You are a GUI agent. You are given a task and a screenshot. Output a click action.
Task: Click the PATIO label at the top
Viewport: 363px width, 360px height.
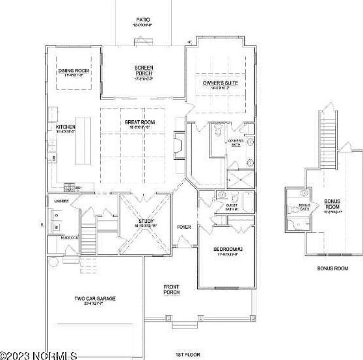[x=143, y=20]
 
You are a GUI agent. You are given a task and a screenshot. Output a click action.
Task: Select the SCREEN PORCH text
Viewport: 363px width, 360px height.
[x=143, y=71]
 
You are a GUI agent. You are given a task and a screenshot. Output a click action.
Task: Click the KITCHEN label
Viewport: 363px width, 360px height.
[x=66, y=127]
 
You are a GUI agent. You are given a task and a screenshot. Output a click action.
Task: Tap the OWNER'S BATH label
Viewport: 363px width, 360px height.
[x=235, y=142]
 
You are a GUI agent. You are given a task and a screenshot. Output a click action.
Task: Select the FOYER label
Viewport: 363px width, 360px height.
[x=184, y=227]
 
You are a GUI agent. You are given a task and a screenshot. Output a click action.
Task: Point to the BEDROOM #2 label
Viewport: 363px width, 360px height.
[x=228, y=250]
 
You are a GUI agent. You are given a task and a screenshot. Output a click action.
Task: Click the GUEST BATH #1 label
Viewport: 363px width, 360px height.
[x=232, y=207]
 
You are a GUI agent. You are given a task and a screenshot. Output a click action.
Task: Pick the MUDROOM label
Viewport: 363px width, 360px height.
[x=70, y=238]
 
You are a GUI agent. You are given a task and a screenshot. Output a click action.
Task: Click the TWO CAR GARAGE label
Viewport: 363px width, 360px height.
[x=94, y=298]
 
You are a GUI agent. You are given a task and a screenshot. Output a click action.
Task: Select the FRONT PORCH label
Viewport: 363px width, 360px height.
[x=171, y=289]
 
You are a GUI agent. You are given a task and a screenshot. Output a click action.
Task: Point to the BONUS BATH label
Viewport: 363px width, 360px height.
[x=304, y=207]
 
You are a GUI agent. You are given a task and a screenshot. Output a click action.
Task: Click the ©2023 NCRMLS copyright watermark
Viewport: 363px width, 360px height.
[x=39, y=355]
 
